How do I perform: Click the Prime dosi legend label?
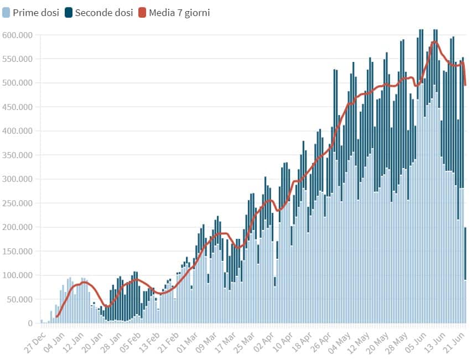(x=37, y=12)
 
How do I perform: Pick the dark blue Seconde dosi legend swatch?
(x=69, y=12)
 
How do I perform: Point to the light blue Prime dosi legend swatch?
(x=6, y=12)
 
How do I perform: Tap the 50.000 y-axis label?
(x=19, y=300)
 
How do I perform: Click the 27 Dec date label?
(x=34, y=341)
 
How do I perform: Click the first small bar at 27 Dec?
(x=42, y=321)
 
